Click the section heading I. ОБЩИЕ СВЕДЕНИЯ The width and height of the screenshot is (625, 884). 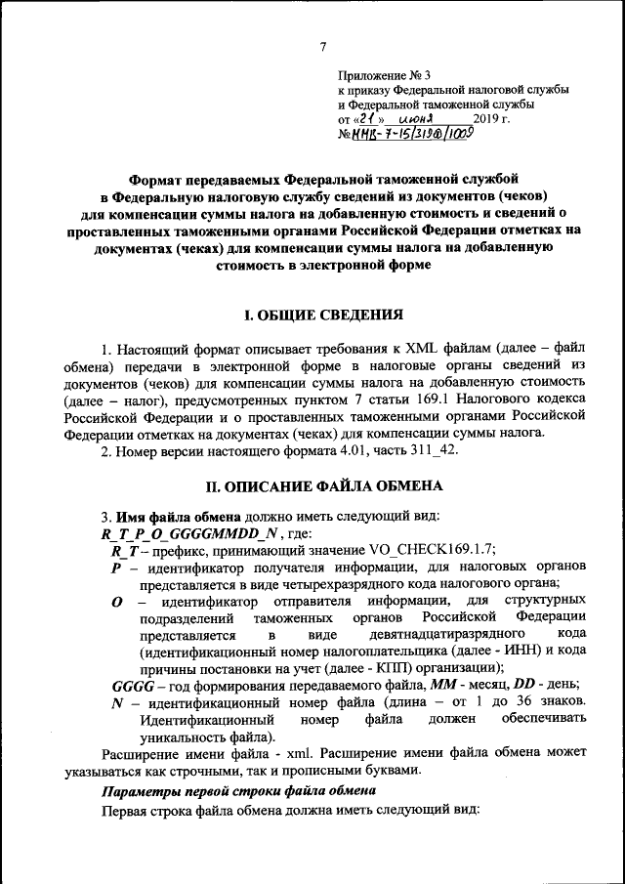click(322, 316)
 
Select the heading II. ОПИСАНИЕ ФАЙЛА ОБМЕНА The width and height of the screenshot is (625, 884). click(322, 485)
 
